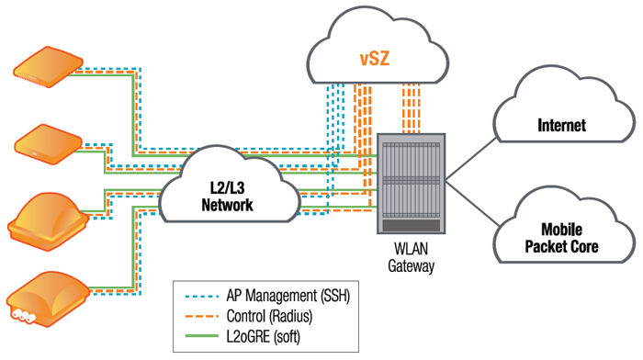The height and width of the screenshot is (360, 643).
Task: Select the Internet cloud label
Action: coord(561,126)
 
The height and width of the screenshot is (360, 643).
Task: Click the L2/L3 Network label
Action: coord(227,197)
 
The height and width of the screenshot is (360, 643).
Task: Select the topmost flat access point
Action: coord(43,67)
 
